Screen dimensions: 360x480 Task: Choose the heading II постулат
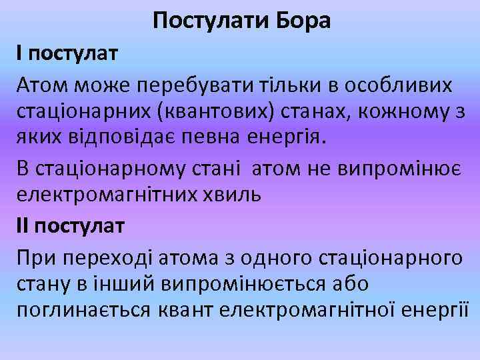tap(70, 226)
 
